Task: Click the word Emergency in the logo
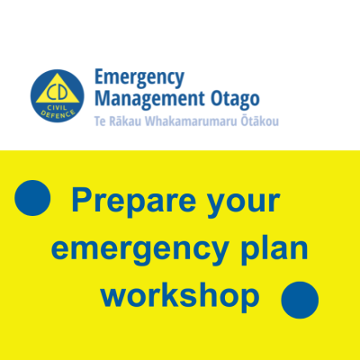point(139,78)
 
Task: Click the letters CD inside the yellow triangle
point(58,93)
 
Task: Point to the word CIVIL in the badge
point(57,108)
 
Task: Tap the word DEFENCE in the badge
point(58,114)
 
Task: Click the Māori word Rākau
point(125,121)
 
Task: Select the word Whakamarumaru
point(192,121)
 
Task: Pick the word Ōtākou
point(260,121)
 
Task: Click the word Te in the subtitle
point(100,121)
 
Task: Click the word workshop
point(180,296)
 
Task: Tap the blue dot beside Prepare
point(32,198)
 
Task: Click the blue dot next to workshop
point(300,300)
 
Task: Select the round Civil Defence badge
point(58,96)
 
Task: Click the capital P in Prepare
point(82,199)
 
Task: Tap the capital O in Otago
point(216,99)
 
